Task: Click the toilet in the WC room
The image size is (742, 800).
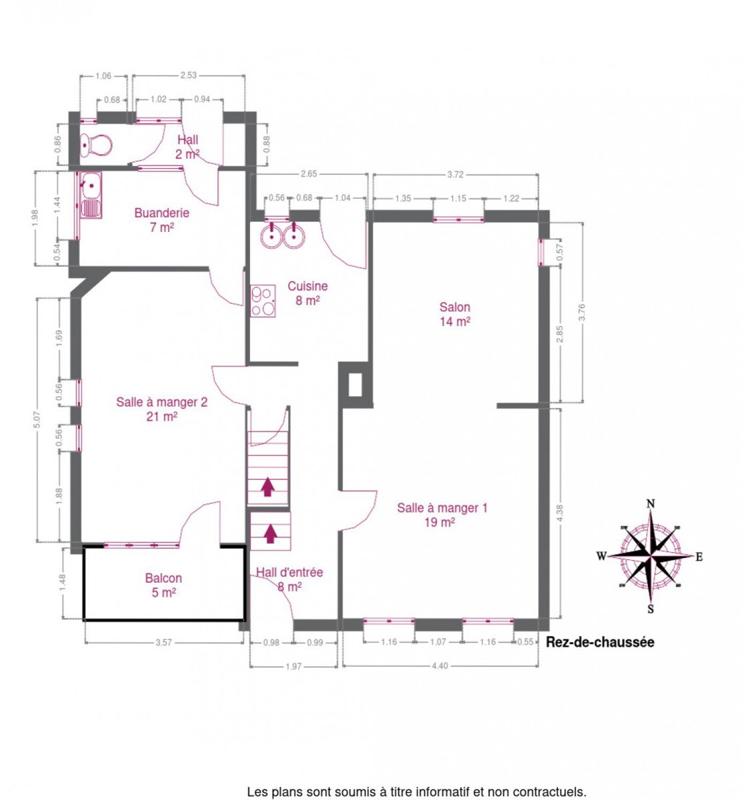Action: [x=96, y=145]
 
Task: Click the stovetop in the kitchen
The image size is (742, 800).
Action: [x=263, y=301]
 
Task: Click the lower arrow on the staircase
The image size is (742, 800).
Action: [x=271, y=533]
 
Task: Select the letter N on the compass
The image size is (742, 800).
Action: [x=651, y=503]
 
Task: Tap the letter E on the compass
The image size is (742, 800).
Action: [x=699, y=557]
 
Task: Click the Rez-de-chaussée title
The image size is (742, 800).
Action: [x=600, y=642]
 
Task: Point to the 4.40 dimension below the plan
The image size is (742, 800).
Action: [x=440, y=666]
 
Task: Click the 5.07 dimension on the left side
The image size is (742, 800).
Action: [x=37, y=421]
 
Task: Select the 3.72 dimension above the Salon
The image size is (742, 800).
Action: [x=455, y=175]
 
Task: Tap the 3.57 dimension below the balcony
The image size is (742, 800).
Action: [x=163, y=643]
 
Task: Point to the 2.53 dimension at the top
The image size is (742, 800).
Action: [x=188, y=75]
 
